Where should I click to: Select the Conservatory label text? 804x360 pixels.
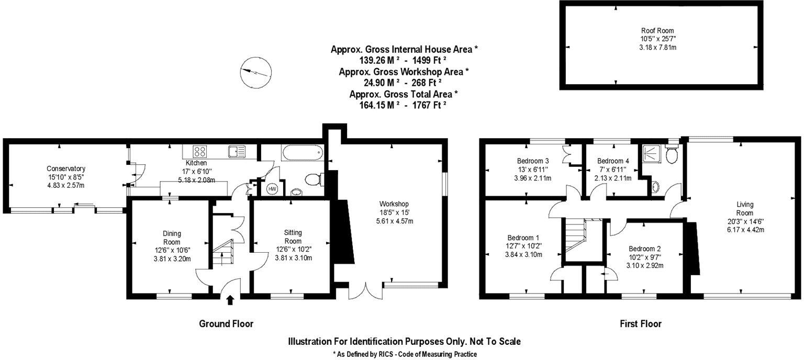(66, 168)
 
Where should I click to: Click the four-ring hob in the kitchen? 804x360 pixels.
(200, 151)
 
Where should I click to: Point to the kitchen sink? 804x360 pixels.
(237, 152)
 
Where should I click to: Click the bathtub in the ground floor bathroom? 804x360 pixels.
(301, 154)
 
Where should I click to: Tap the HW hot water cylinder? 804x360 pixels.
(272, 188)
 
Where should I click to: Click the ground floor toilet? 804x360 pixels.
(314, 179)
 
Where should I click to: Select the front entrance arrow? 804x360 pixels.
(230, 299)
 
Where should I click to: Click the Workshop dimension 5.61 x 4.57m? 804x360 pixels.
(395, 221)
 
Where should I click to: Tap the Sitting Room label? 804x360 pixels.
(293, 237)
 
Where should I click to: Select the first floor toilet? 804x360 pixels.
(672, 154)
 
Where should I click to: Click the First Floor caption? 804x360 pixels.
(640, 324)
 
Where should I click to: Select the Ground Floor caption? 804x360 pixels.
(226, 324)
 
